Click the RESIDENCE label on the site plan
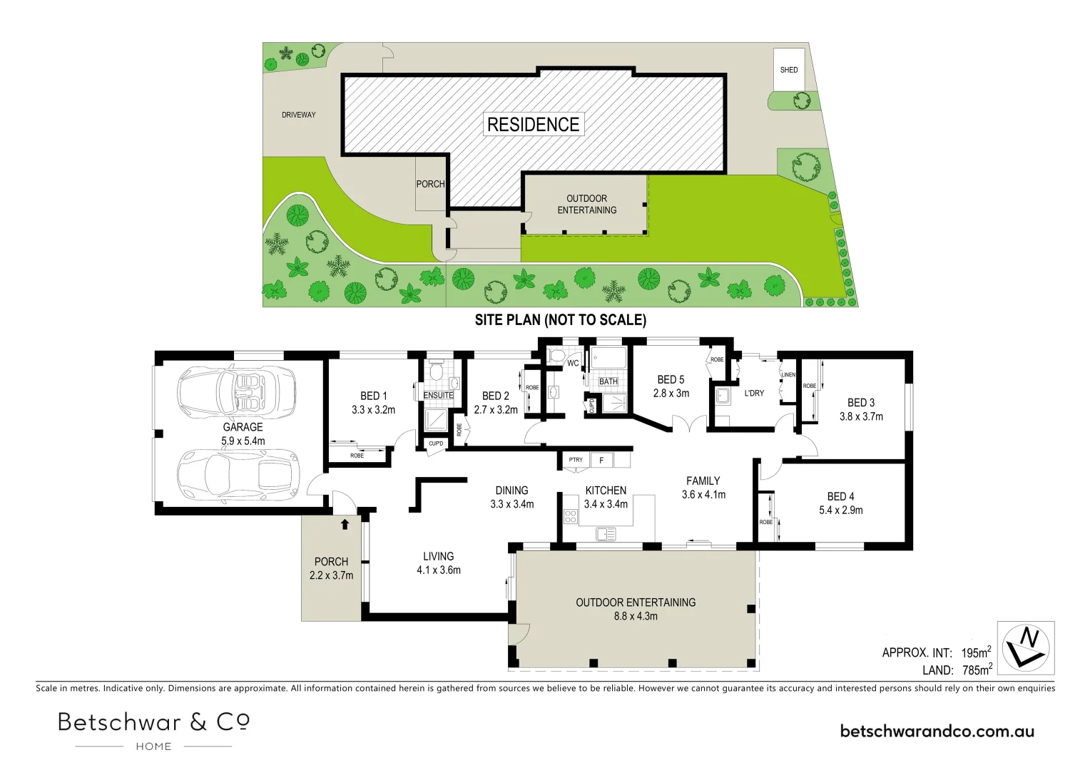tap(533, 124)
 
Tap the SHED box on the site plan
tap(789, 69)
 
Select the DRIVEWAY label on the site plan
tap(298, 115)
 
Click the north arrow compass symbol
tap(1026, 647)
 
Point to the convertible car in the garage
tap(237, 392)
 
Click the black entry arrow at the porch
tap(345, 524)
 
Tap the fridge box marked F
tap(601, 461)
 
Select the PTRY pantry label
tap(576, 460)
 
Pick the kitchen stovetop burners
tap(571, 516)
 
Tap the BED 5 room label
tap(671, 380)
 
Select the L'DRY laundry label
tap(754, 393)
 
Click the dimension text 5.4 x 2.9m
tap(841, 510)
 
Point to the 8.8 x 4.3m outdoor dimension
tap(636, 616)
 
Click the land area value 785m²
tap(976, 670)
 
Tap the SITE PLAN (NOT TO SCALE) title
tap(560, 320)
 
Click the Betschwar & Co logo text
tap(153, 722)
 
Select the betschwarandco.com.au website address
tap(937, 731)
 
